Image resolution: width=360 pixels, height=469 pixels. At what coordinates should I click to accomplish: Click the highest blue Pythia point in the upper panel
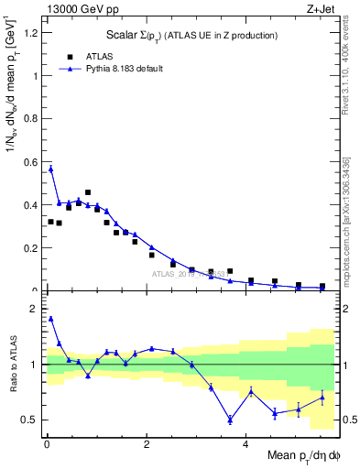[x=51, y=169]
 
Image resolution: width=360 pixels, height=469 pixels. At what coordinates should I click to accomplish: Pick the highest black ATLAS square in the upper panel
[x=88, y=192]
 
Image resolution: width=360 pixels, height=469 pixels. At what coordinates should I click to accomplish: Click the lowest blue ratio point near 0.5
[x=230, y=420]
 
